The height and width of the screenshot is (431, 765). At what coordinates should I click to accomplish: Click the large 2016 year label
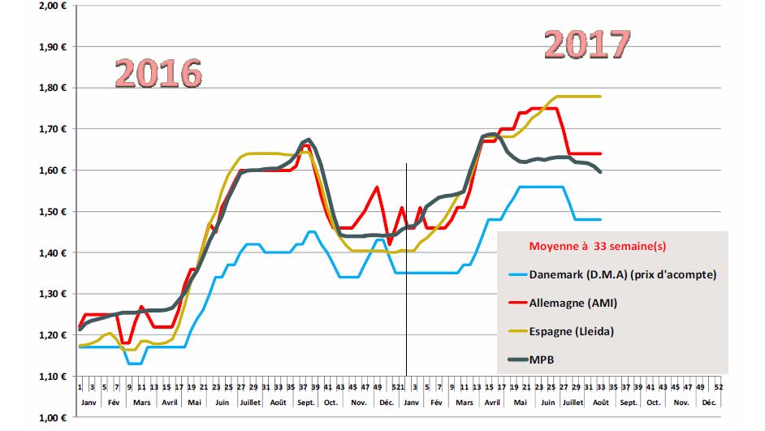(158, 73)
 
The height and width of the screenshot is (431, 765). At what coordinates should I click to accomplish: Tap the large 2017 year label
(587, 45)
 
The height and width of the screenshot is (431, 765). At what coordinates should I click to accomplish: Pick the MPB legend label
(543, 358)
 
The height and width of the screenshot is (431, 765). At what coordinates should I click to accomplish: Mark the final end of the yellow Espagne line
(601, 97)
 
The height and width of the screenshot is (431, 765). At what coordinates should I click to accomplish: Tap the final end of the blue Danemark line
(601, 219)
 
